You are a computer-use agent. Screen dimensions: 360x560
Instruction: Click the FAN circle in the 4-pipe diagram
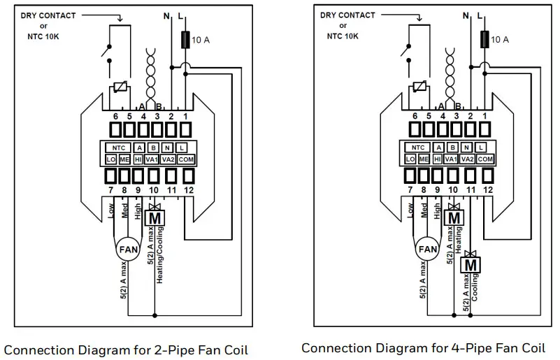427,249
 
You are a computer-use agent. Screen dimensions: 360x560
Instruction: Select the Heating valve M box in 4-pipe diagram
454,217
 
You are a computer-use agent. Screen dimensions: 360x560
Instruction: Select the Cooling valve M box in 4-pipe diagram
471,265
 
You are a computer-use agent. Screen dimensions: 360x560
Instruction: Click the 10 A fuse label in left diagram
201,41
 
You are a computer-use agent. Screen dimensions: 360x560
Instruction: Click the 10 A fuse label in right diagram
500,40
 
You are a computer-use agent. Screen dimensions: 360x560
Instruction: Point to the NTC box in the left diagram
116,147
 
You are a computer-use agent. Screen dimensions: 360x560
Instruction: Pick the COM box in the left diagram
186,159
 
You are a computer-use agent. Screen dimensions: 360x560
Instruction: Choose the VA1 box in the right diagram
452,159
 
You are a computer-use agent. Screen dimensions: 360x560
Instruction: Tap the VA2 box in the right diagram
468,159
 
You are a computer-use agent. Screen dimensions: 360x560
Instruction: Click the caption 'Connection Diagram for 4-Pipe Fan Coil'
423,347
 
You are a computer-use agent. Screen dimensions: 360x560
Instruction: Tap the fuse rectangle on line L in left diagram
187,40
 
